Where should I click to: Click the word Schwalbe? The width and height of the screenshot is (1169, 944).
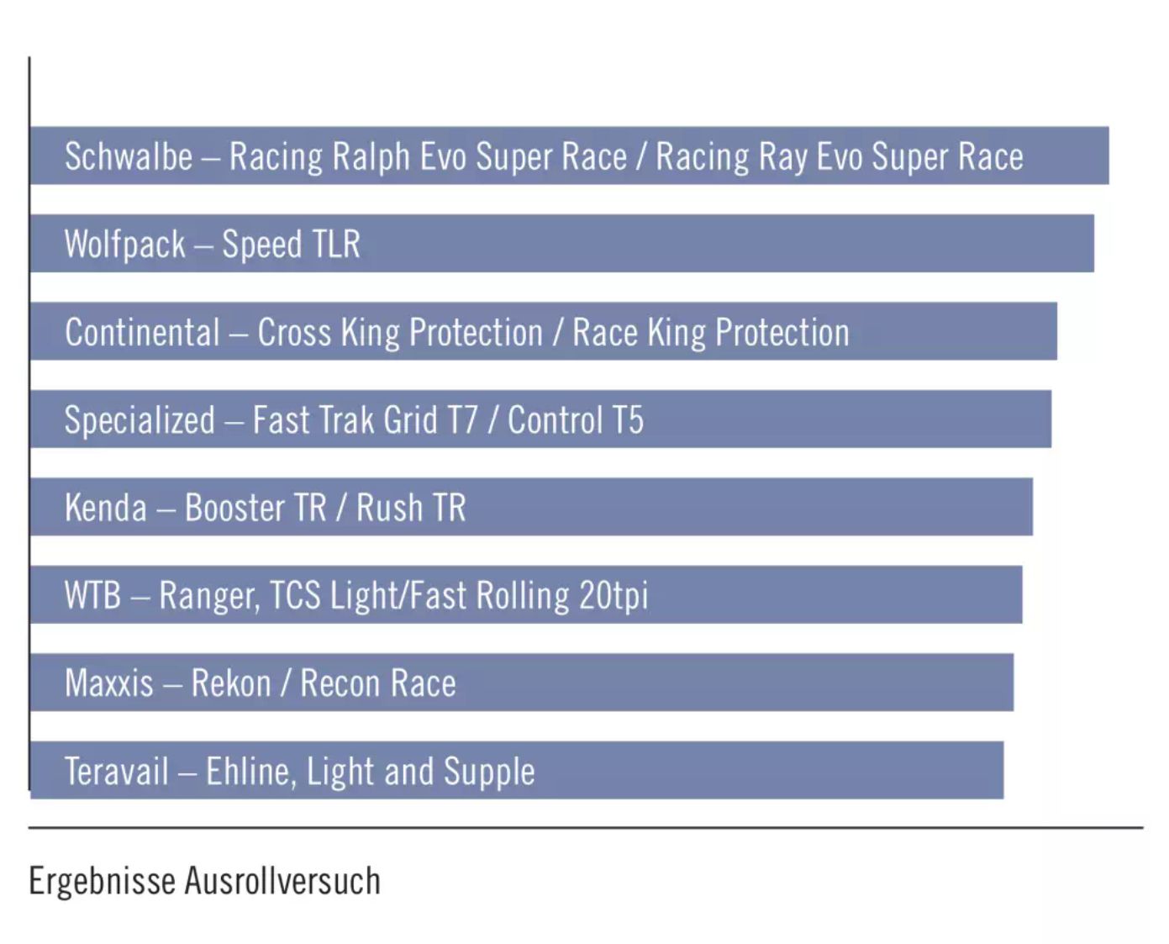click(129, 157)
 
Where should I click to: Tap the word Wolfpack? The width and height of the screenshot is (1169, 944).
click(124, 245)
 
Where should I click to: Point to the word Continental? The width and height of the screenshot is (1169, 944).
click(142, 333)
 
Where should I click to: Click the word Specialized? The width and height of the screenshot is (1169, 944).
click(140, 420)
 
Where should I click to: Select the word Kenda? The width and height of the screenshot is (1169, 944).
click(106, 508)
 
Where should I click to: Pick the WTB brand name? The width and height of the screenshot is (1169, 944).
click(92, 595)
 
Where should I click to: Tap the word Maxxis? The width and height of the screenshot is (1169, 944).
click(109, 683)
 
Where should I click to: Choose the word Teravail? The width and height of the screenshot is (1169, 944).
click(117, 771)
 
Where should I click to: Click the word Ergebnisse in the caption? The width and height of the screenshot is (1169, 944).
click(102, 882)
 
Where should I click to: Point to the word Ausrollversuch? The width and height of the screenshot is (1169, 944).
click(282, 881)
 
